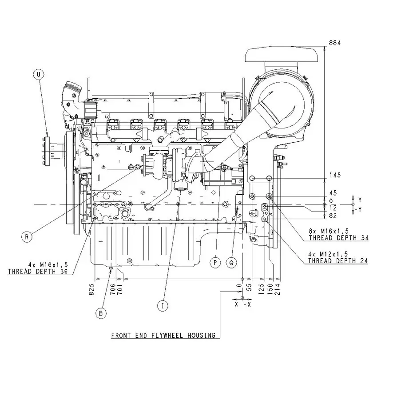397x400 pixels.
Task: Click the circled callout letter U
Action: click(x=39, y=74)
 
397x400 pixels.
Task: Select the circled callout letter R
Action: click(x=27, y=237)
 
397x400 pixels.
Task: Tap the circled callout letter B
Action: click(x=101, y=313)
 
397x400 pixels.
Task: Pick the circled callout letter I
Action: click(x=163, y=305)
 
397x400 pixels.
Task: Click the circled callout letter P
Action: click(x=215, y=262)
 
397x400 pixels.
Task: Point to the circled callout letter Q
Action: click(x=231, y=262)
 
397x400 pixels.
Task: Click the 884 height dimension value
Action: click(x=334, y=43)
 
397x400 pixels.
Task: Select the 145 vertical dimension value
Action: click(x=335, y=175)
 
